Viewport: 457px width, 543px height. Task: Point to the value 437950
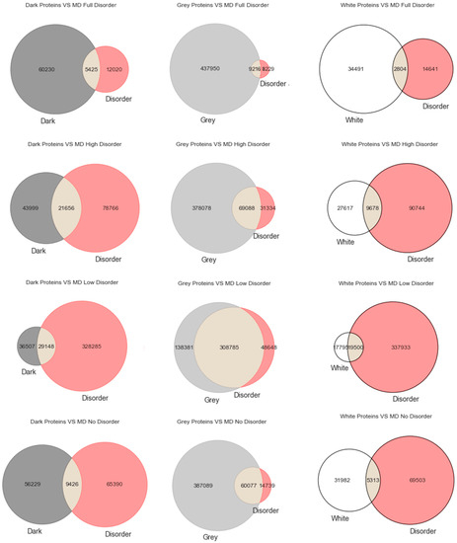202,69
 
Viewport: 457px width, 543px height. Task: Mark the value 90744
415,208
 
